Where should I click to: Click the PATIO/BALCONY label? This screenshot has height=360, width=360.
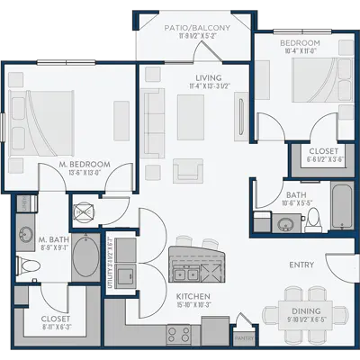point(197,28)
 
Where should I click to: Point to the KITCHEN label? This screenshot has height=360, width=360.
point(193,295)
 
